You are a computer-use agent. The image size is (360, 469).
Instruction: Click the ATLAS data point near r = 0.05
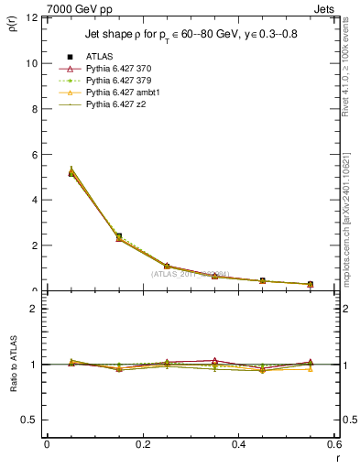pos(71,173)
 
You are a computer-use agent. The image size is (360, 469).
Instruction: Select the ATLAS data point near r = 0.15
pos(119,236)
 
